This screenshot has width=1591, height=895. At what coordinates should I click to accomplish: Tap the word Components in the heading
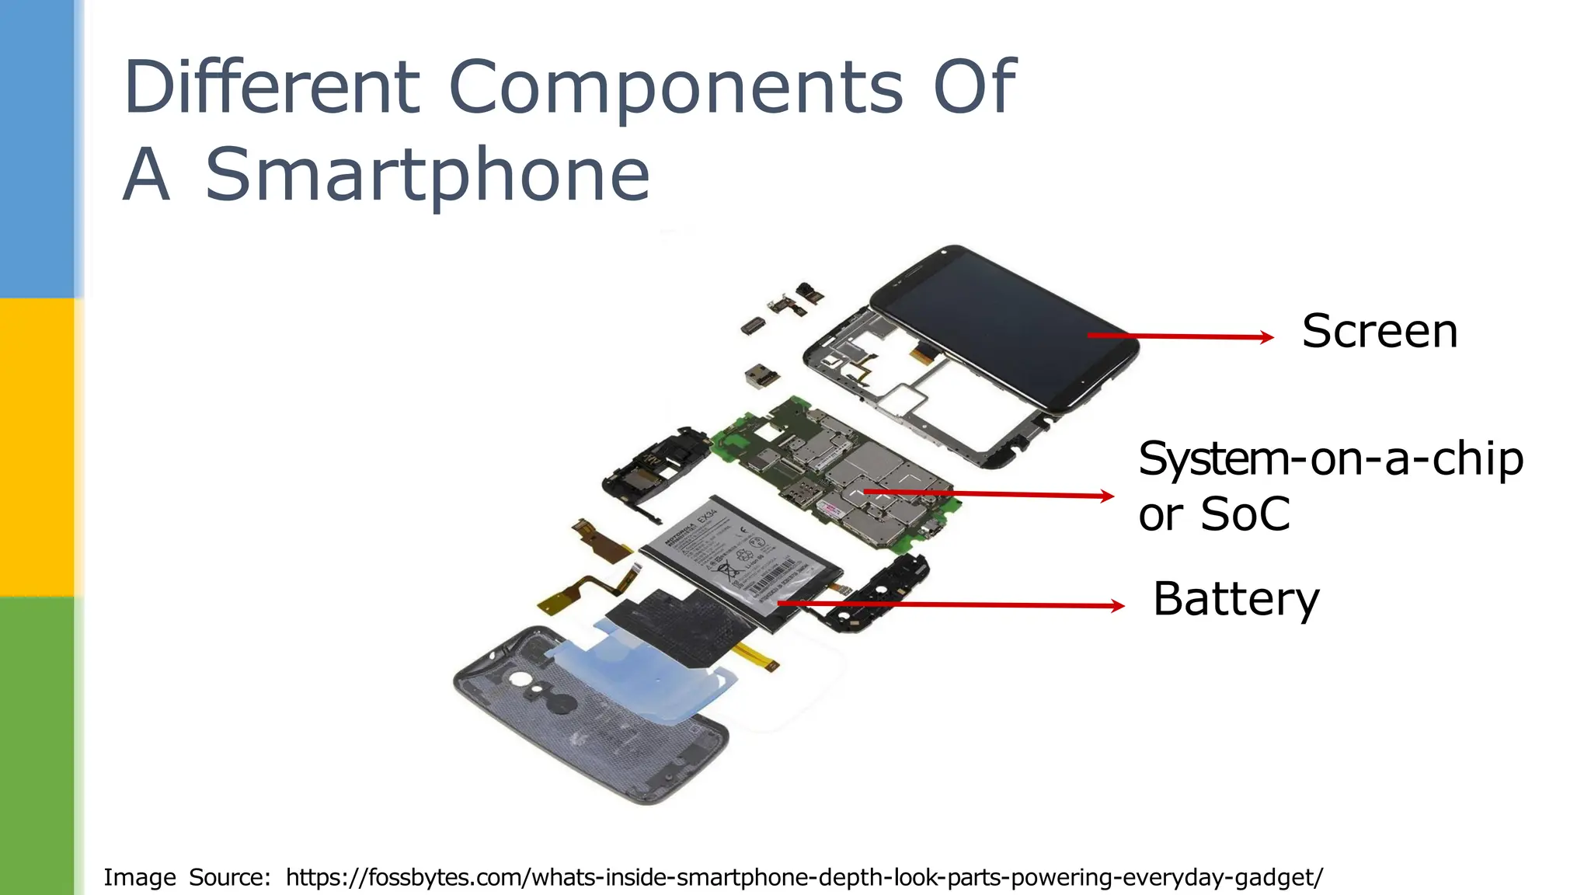[x=676, y=87]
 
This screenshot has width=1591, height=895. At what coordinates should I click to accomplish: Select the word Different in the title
[x=272, y=87]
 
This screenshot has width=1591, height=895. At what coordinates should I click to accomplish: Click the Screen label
[x=1380, y=332]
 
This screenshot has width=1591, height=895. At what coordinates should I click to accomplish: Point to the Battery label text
[x=1236, y=600]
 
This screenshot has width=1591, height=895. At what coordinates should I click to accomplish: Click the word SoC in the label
[x=1245, y=514]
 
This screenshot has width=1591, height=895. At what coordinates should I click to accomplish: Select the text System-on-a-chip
[x=1330, y=459]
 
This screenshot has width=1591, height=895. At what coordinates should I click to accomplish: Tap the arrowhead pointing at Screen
[x=1266, y=337]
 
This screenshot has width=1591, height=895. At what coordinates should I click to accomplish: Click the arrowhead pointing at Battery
[x=1117, y=606]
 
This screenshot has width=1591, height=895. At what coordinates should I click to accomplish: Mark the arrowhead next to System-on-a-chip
[x=1107, y=496]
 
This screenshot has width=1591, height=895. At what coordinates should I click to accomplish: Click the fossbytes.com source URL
[x=804, y=877]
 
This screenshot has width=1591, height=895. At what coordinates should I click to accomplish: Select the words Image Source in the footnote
[x=187, y=877]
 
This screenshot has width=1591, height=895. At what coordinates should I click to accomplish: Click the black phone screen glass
[x=1010, y=326]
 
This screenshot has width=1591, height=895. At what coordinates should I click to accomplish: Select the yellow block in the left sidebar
[x=37, y=447]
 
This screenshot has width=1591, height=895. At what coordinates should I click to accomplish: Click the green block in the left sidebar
[x=37, y=746]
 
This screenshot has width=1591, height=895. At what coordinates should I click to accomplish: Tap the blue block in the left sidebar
[x=37, y=148]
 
